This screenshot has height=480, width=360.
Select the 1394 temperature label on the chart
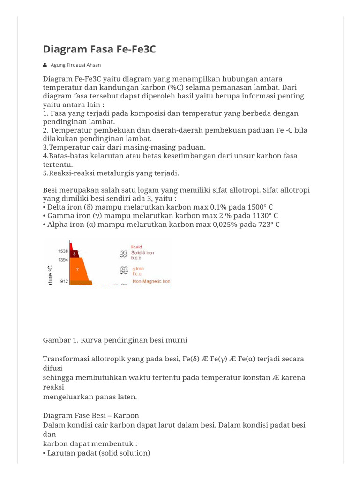click(63, 259)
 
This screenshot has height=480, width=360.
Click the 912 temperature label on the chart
click(64, 281)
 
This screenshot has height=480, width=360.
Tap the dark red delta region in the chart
click(75, 253)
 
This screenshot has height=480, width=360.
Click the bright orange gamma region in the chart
click(79, 270)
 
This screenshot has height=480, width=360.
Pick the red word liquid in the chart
click(137, 247)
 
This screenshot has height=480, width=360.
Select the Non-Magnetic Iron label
click(151, 281)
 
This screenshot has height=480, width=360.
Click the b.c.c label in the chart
click(136, 258)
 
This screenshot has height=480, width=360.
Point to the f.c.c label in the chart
click(136, 273)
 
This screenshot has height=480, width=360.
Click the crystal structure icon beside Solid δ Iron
click(123, 254)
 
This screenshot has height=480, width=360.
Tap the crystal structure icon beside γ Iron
click(123, 270)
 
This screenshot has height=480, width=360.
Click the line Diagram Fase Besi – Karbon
click(91, 415)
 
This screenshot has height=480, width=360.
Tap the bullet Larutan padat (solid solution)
click(98, 453)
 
